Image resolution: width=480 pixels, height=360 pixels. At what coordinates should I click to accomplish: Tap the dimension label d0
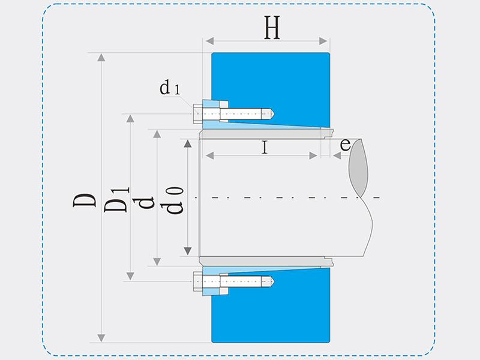[175, 201]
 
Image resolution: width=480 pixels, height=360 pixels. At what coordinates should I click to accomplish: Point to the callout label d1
[169, 89]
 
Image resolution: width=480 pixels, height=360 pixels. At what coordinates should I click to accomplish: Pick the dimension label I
[264, 147]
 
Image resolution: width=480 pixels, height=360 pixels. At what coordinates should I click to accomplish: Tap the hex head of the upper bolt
[198, 113]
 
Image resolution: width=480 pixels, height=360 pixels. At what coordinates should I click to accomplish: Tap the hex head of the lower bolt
[198, 281]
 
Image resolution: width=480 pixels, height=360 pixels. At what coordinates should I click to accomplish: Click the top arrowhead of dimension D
[101, 57]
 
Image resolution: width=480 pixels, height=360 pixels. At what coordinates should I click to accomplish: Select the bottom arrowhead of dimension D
[101, 337]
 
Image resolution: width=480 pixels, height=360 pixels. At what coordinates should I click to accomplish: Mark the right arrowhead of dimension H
[325, 41]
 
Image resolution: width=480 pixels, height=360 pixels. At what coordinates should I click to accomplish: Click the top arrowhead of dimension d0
[187, 143]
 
